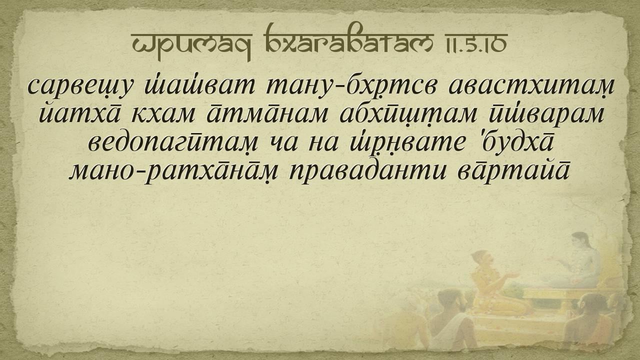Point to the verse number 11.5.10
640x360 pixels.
point(475,43)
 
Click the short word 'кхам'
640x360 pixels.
point(163,115)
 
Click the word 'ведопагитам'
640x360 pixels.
point(173,143)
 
